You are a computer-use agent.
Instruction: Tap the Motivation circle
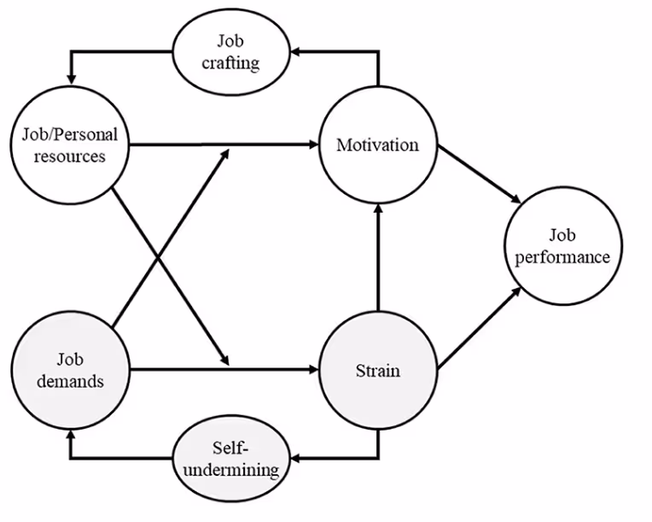(x=377, y=145)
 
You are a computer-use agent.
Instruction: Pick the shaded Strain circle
(x=377, y=371)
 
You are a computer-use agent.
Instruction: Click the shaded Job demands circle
(x=70, y=371)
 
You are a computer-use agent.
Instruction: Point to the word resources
(x=71, y=157)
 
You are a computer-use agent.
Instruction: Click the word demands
(x=70, y=381)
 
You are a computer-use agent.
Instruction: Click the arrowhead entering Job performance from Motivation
(x=516, y=201)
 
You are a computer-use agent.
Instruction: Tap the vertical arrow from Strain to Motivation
(x=377, y=256)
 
